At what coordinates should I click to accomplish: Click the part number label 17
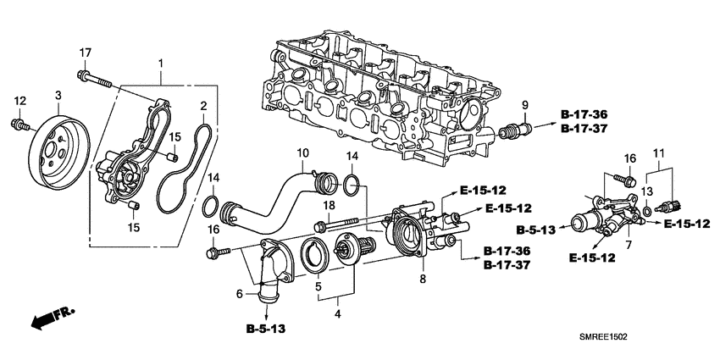click(x=85, y=53)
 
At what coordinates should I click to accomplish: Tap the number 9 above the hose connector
click(x=524, y=104)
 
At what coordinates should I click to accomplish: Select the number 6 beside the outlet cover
click(x=240, y=293)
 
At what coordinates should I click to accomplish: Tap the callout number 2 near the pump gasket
click(x=203, y=106)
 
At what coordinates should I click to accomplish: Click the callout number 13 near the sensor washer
click(x=648, y=191)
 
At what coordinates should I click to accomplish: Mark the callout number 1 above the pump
click(x=162, y=64)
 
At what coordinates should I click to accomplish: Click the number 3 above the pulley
click(x=58, y=95)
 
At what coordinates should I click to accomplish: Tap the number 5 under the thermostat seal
click(x=318, y=286)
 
